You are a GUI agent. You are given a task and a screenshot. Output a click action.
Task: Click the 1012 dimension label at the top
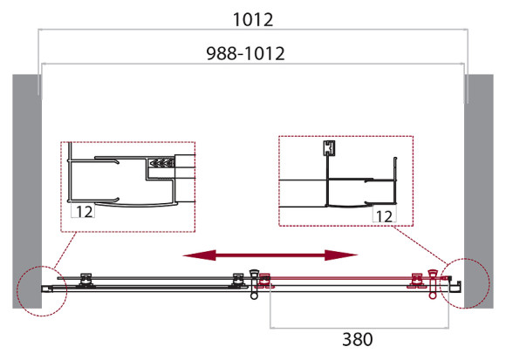coord(253,20)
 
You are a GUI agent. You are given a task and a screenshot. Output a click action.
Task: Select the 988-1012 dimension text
coord(245,53)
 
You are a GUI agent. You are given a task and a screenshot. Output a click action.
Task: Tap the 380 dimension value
coord(358,339)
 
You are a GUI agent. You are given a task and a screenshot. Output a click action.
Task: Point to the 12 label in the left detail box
coord(85,212)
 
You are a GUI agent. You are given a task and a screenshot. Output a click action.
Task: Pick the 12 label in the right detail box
coord(384,216)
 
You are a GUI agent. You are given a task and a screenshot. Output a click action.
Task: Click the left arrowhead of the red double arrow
coord(199,255)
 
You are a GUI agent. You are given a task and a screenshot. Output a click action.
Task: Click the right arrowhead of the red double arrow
coord(341,255)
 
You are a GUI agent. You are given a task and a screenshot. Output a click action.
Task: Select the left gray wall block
coord(27,192)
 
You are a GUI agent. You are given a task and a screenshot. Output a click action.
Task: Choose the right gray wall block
coord(479,192)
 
